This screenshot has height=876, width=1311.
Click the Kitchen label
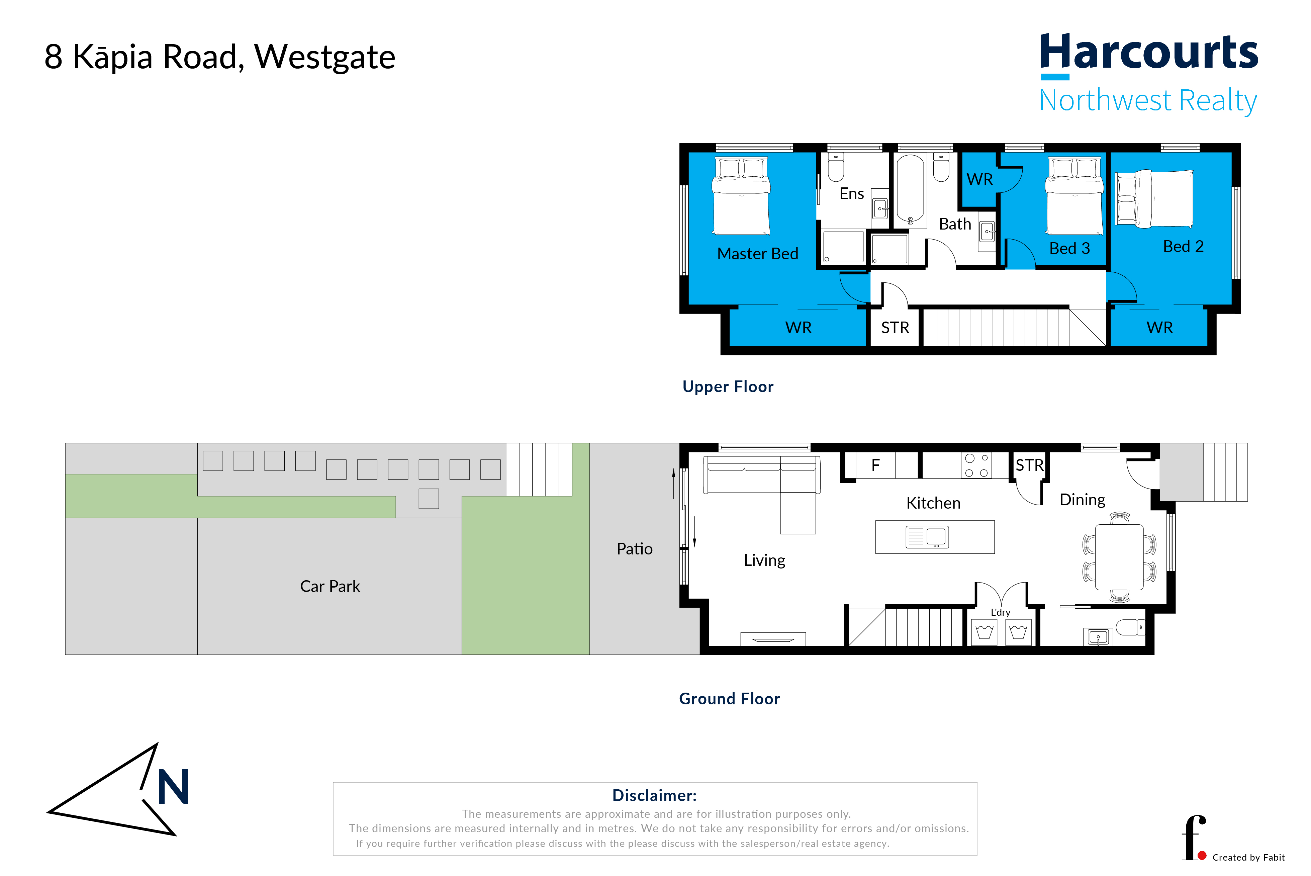click(x=933, y=503)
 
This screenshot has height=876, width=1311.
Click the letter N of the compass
click(x=173, y=787)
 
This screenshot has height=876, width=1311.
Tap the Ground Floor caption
click(x=729, y=699)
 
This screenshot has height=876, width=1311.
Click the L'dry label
click(x=1001, y=612)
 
